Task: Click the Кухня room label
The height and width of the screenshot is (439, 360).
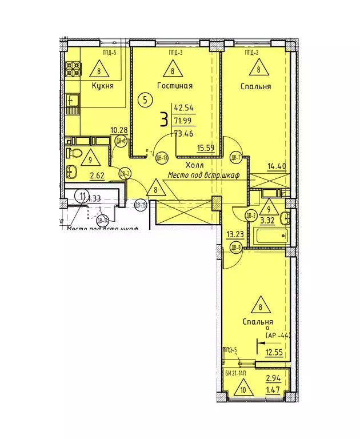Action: pos(102,86)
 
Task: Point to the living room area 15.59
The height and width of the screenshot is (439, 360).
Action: pos(206,147)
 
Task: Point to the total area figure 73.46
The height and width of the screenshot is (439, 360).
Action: pos(185,135)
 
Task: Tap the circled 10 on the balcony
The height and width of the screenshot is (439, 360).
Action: pos(244,390)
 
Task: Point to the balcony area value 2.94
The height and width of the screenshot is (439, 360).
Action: pos(273,378)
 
